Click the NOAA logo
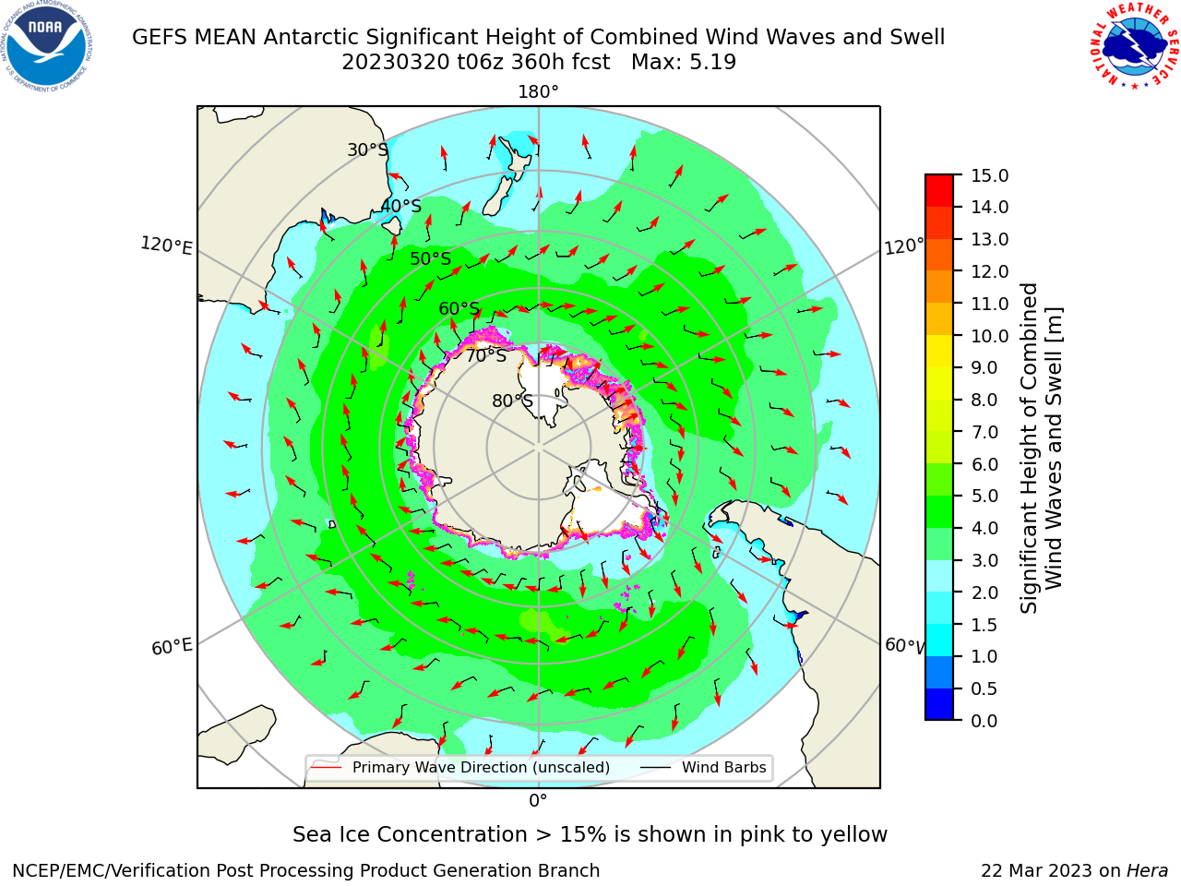[46, 46]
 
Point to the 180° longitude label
[538, 92]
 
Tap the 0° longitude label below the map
[538, 801]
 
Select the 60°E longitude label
[172, 646]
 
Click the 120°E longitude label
[166, 245]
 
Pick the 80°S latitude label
[512, 401]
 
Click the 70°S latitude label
[486, 356]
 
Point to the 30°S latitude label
[367, 150]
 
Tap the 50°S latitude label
[431, 258]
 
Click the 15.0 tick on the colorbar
[989, 175]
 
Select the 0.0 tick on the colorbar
[984, 721]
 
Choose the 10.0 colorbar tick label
[989, 336]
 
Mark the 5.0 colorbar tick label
[984, 496]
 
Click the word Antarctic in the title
[311, 38]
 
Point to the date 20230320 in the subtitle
[396, 63]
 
